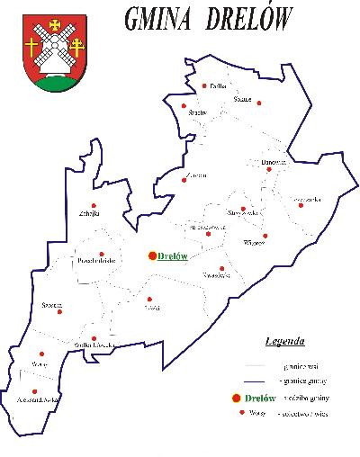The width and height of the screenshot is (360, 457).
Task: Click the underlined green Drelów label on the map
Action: pyautogui.click(x=172, y=256)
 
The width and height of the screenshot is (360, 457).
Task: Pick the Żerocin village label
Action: pyautogui.click(x=195, y=173)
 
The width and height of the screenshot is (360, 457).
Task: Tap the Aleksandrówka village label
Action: pyautogui.click(x=39, y=396)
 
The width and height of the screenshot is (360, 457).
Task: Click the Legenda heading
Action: pyautogui.click(x=284, y=342)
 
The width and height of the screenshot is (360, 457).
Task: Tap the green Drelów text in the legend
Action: pyautogui.click(x=260, y=398)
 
